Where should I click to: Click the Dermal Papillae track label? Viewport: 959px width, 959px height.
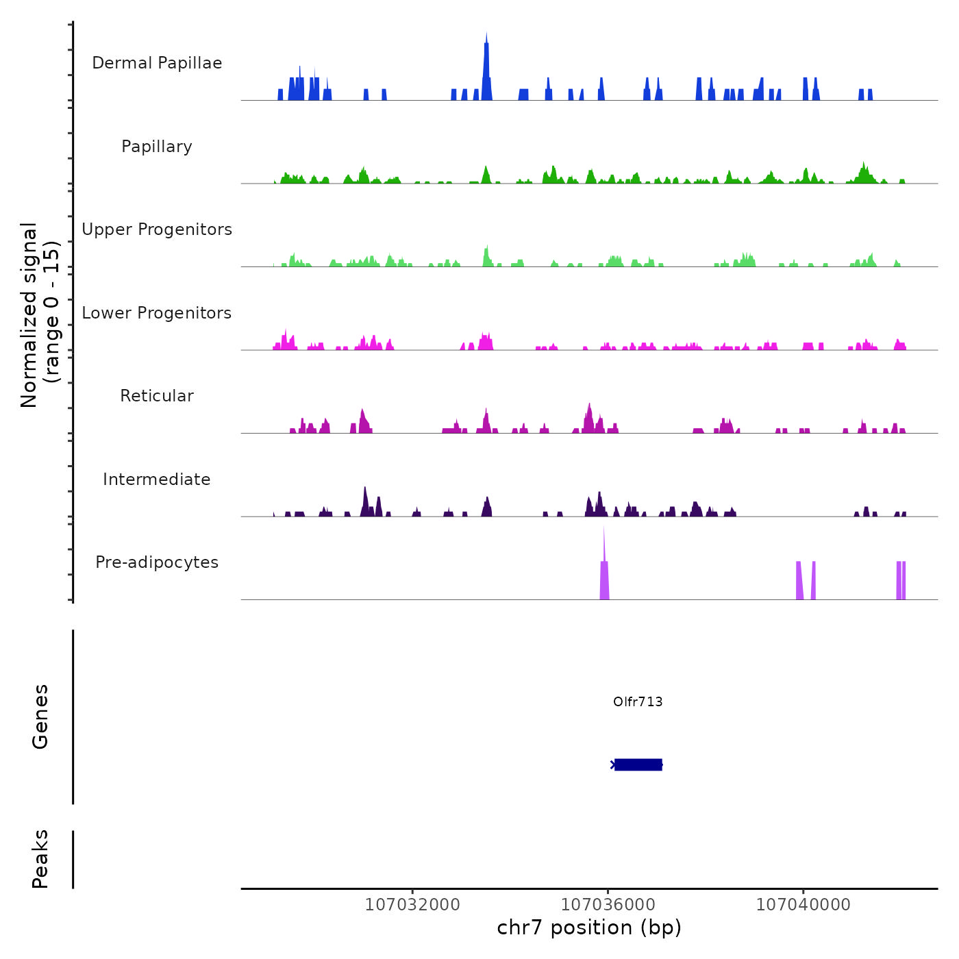pyautogui.click(x=157, y=63)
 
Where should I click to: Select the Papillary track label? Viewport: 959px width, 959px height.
pyautogui.click(x=157, y=147)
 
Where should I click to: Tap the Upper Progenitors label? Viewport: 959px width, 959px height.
pyautogui.click(x=157, y=229)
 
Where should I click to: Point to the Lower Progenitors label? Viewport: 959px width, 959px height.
pyautogui.click(x=157, y=313)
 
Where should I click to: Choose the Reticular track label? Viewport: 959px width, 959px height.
pyautogui.click(x=157, y=396)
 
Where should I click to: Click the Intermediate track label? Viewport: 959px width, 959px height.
pyautogui.click(x=157, y=480)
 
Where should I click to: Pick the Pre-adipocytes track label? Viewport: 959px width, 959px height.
pyautogui.click(x=157, y=562)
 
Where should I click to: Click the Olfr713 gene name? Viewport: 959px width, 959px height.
pyautogui.click(x=638, y=702)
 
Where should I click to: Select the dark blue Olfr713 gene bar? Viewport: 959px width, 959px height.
pyautogui.click(x=638, y=764)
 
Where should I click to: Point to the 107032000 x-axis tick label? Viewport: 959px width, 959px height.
pyautogui.click(x=412, y=905)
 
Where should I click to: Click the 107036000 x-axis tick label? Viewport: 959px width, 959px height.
pyautogui.click(x=608, y=905)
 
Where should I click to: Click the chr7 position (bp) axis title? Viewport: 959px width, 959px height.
pyautogui.click(x=589, y=928)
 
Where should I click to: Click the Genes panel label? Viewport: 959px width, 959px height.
pyautogui.click(x=40, y=717)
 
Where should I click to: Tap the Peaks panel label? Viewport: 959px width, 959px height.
pyautogui.click(x=40, y=859)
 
